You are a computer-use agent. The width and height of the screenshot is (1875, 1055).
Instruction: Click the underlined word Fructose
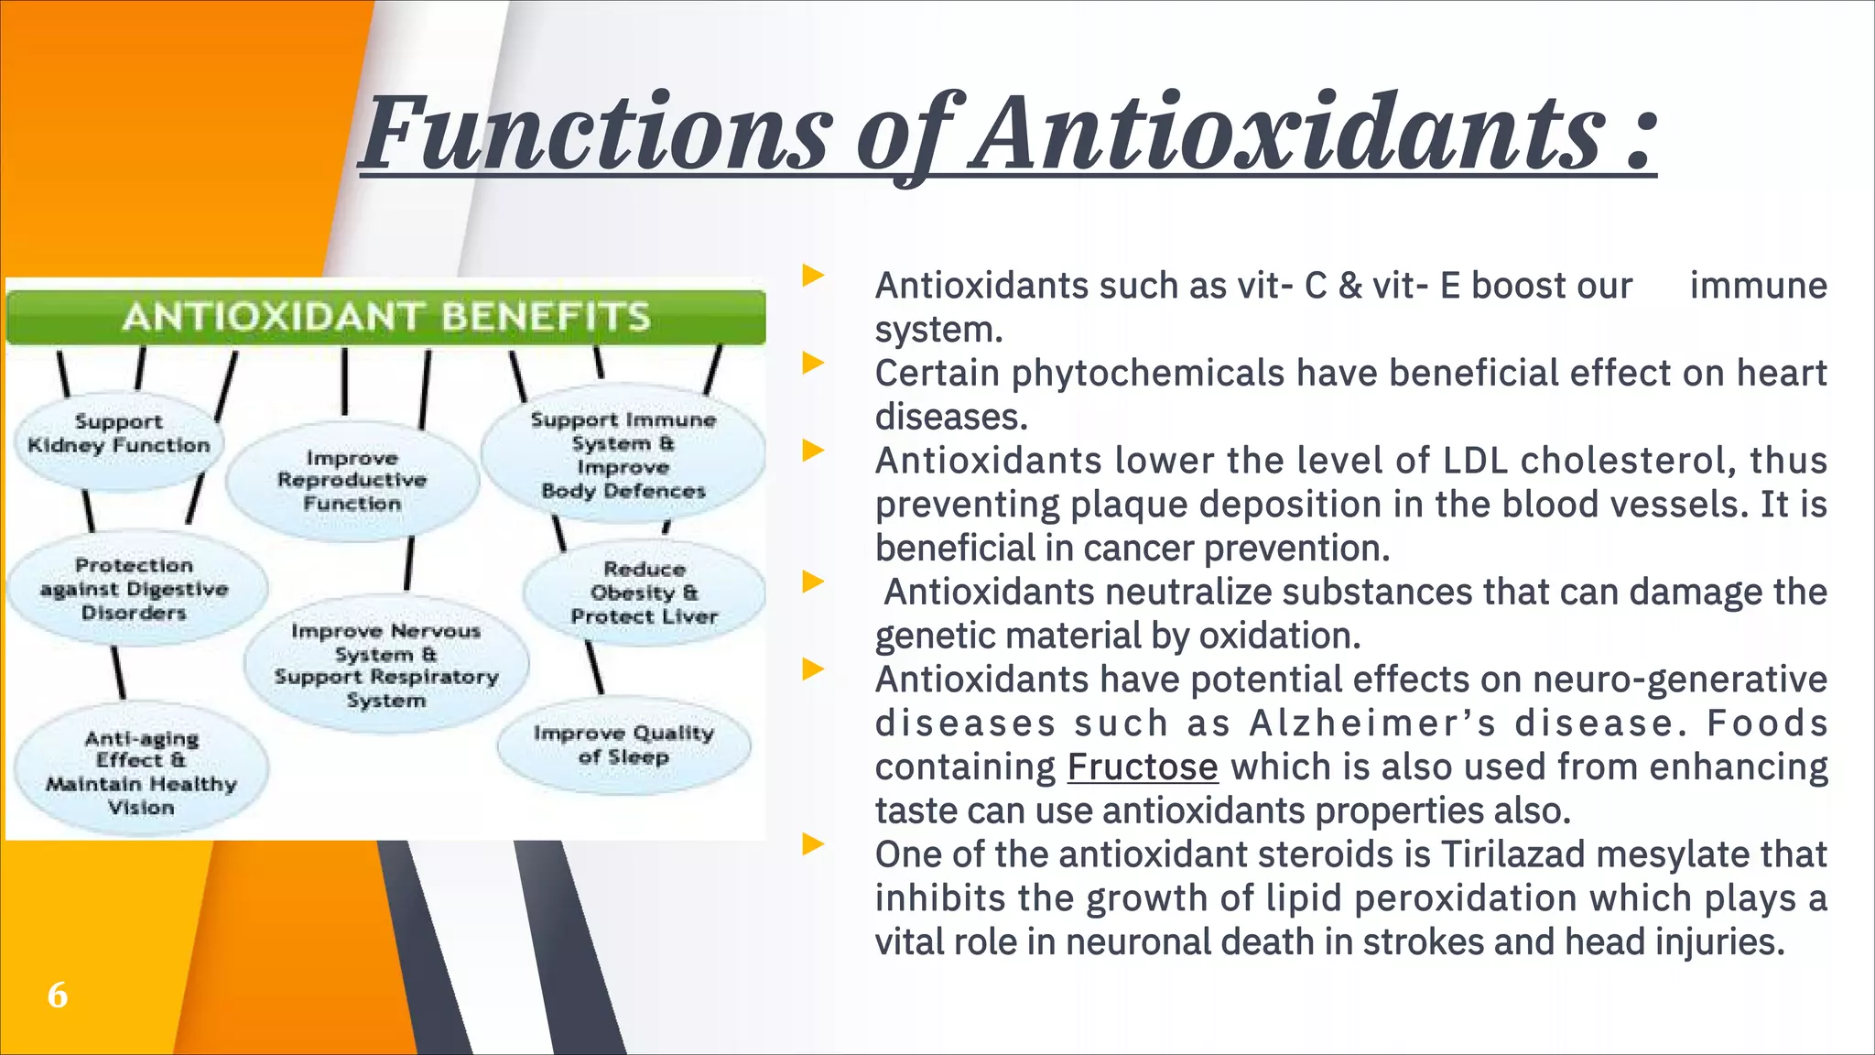[1142, 767]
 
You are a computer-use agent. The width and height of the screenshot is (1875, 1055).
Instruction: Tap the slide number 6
[58, 995]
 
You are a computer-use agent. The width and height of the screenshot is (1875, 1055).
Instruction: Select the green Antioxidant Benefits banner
[385, 317]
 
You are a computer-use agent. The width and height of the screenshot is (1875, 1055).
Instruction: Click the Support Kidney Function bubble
[119, 434]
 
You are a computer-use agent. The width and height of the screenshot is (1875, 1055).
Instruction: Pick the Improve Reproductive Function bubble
[352, 481]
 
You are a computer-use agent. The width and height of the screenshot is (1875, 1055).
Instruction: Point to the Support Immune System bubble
[623, 455]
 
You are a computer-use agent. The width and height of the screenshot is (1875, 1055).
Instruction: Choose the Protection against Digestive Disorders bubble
[134, 589]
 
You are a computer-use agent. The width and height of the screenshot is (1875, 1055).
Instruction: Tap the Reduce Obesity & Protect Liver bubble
[644, 593]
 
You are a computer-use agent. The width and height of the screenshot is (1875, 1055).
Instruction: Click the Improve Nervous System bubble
[386, 666]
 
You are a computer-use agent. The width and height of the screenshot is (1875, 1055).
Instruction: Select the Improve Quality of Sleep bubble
[623, 745]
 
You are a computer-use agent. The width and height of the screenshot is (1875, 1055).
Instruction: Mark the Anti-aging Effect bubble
[141, 773]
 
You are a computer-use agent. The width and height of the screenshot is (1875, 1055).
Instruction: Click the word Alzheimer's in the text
[1373, 723]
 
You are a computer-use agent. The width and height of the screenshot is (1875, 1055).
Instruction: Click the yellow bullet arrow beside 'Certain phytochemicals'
[813, 364]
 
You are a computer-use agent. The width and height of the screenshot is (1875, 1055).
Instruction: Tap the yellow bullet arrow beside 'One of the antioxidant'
[813, 843]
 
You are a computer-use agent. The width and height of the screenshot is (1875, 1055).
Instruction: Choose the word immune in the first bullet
[1758, 286]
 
